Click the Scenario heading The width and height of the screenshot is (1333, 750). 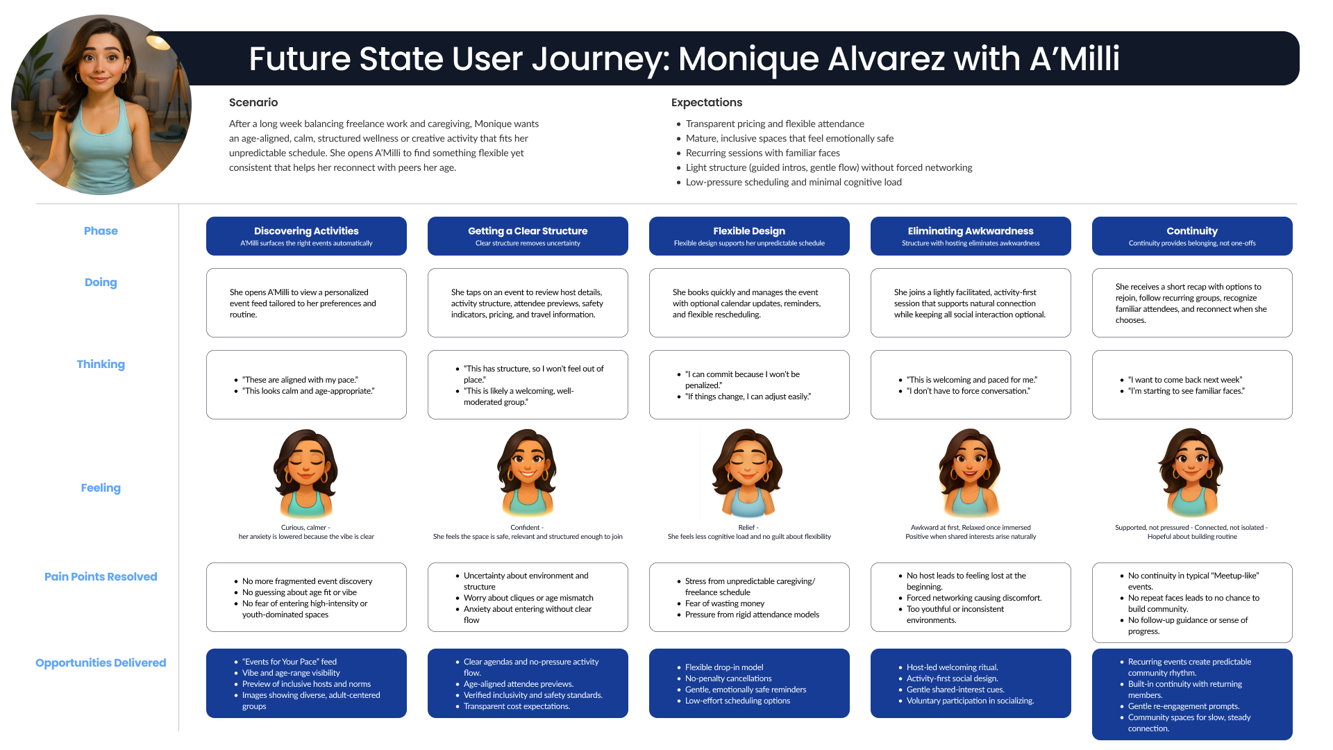pyautogui.click(x=253, y=102)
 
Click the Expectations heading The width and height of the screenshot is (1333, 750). pyautogui.click(x=706, y=102)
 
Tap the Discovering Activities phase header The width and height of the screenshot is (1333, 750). pyautogui.click(x=306, y=236)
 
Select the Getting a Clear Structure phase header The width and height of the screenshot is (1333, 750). pyautogui.click(x=528, y=236)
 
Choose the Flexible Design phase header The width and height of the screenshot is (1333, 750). pyautogui.click(x=749, y=236)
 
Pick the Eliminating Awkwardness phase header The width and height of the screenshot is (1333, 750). pyautogui.click(x=971, y=236)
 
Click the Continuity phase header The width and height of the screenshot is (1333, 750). pyautogui.click(x=1192, y=236)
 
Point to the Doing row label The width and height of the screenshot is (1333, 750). pyautogui.click(x=101, y=282)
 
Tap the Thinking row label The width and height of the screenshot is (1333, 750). pyautogui.click(x=101, y=364)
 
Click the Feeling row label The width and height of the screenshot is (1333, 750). pyautogui.click(x=101, y=487)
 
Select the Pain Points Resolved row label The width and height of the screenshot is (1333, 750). pyautogui.click(x=101, y=576)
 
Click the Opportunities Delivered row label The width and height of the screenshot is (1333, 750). pyautogui.click(x=101, y=662)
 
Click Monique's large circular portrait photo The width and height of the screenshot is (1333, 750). pyautogui.click(x=101, y=105)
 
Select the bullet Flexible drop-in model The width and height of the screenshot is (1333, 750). pyautogui.click(x=724, y=667)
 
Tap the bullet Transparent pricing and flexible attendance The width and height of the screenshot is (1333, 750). pyautogui.click(x=775, y=124)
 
